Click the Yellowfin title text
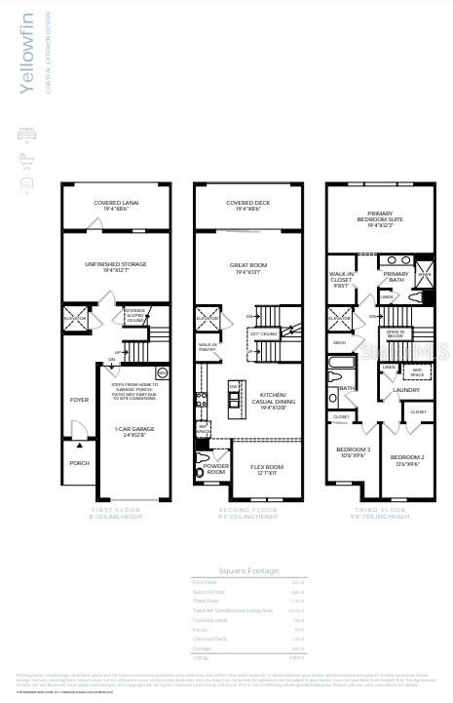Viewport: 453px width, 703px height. tap(26, 55)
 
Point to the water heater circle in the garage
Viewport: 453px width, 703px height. tap(163, 372)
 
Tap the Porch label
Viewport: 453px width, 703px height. tap(79, 463)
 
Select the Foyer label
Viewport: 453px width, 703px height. tap(78, 399)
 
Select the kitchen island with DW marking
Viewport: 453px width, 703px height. tap(235, 396)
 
